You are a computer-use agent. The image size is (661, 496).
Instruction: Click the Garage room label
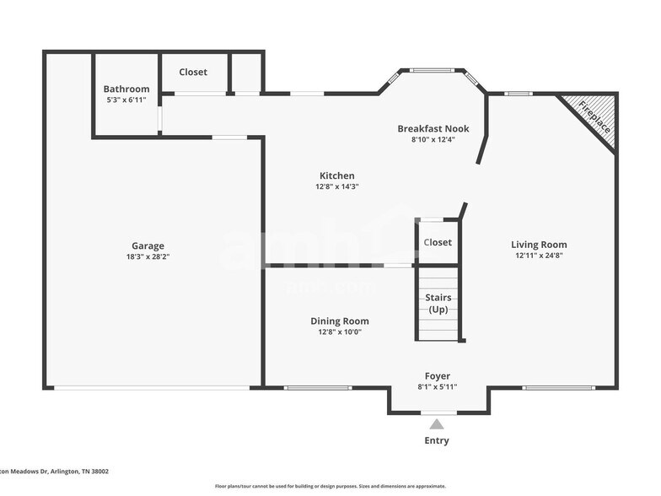[x=148, y=246]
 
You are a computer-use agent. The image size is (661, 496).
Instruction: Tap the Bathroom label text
[x=126, y=89]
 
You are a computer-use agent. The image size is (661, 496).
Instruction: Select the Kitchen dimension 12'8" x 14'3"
[x=336, y=186]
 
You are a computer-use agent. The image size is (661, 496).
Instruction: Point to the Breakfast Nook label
[x=433, y=128]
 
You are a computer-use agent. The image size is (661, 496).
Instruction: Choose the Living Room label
[x=539, y=245]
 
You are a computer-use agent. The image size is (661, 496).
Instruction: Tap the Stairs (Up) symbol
[x=438, y=304]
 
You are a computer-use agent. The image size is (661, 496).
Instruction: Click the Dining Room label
[x=339, y=321]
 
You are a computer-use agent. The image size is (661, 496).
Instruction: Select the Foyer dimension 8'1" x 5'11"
[x=437, y=387]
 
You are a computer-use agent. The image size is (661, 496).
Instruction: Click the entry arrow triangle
[x=437, y=424]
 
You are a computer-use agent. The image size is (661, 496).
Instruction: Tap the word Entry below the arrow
[x=437, y=440]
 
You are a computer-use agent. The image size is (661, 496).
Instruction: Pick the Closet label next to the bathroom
[x=193, y=72]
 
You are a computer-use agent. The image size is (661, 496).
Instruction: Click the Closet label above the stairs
[x=438, y=242]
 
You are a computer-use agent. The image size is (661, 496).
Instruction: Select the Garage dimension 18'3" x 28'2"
[x=148, y=256]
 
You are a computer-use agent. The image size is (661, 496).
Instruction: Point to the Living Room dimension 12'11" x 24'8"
[x=539, y=256]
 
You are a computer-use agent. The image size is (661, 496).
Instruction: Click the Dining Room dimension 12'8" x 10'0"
[x=339, y=332]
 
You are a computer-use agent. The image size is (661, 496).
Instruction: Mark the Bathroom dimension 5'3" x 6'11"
[x=126, y=100]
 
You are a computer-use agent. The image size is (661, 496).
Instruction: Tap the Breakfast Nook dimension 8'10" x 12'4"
[x=433, y=139]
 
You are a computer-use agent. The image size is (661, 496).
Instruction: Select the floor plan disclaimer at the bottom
[x=330, y=486]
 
